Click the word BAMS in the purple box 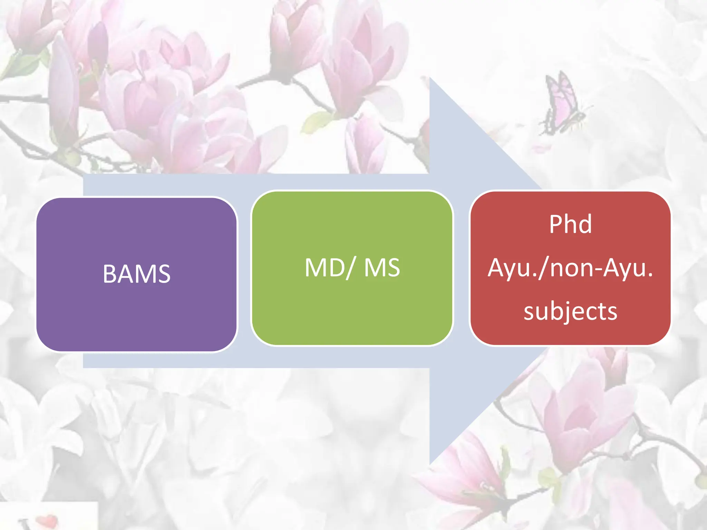[x=137, y=274]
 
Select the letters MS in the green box [x=382, y=268]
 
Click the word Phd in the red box [x=570, y=224]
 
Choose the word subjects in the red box [x=570, y=311]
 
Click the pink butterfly [x=563, y=105]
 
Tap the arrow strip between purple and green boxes [x=244, y=273]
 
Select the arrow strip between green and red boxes [x=461, y=269]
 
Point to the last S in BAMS [x=164, y=274]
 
